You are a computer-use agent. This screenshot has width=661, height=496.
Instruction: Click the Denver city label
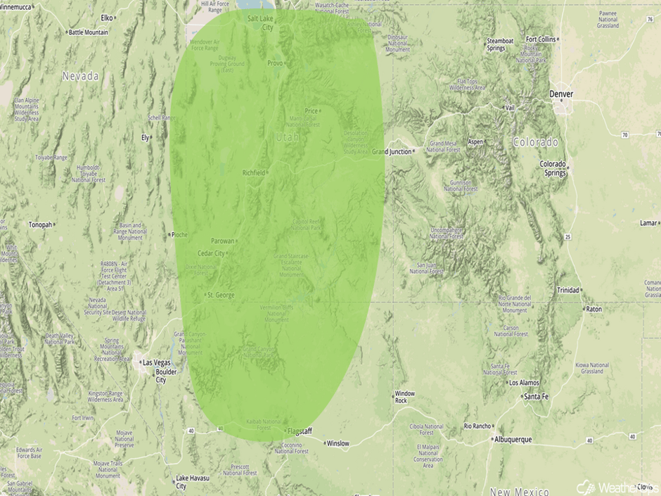pos(562,94)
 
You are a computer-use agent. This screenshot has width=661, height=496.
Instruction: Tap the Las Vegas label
pos(156,362)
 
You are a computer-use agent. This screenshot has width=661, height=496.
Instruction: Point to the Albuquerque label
pos(512,439)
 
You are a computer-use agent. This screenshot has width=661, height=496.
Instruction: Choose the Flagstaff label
pos(300,431)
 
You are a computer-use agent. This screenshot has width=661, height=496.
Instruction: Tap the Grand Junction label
pos(392,151)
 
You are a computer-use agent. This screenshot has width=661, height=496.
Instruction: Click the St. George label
pos(221,295)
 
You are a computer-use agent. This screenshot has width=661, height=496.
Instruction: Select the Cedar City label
pos(211,253)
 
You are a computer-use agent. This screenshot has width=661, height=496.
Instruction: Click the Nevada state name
pos(80,75)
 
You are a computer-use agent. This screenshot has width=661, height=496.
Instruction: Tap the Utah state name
pos(288,137)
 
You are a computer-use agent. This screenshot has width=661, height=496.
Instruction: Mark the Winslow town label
pos(338,443)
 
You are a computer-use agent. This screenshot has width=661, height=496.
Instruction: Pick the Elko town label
pos(107,17)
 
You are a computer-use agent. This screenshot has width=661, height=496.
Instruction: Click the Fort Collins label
pos(541,39)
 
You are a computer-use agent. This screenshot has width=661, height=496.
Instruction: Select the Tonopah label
pos(41,225)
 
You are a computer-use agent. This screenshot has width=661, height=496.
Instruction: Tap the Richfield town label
pos(254,172)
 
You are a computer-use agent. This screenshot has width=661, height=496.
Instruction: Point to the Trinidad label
pos(568,290)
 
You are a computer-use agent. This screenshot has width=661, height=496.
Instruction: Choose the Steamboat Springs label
pos(500,44)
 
